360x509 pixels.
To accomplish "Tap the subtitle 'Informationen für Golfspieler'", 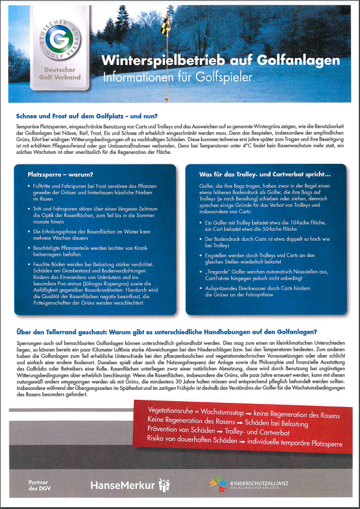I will click(177, 77).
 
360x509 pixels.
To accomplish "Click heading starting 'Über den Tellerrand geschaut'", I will click(167, 331).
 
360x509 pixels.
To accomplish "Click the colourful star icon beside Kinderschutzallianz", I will click(219, 485).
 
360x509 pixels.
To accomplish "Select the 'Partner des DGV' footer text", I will click(37, 485).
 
